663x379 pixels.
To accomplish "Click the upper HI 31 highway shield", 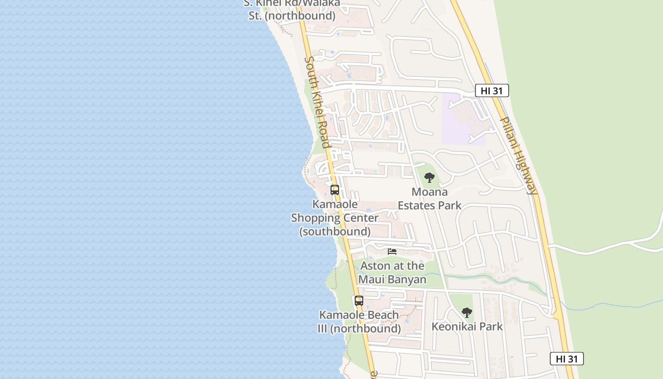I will [x=492, y=90].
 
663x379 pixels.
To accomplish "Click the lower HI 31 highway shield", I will [x=566, y=359].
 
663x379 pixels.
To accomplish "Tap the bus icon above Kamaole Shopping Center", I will [x=335, y=190].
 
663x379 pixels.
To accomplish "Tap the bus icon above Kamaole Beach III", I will [x=359, y=300].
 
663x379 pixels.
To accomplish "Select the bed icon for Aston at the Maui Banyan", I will [x=392, y=251].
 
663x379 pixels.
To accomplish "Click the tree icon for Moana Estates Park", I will [x=430, y=178].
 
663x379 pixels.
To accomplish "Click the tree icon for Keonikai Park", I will [x=467, y=313].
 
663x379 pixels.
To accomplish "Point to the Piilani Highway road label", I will [x=519, y=156].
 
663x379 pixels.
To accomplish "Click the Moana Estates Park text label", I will [x=430, y=199].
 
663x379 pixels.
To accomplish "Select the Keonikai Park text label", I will [x=467, y=326].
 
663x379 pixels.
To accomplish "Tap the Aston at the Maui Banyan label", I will [x=392, y=272].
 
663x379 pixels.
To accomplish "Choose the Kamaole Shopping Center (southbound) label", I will [x=335, y=218].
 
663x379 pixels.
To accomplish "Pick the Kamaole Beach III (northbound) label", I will [x=359, y=322].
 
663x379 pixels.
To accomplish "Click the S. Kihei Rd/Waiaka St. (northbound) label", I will [x=292, y=9].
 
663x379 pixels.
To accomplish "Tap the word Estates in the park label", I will [x=417, y=206].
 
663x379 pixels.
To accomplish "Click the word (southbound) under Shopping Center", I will [x=335, y=232].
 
